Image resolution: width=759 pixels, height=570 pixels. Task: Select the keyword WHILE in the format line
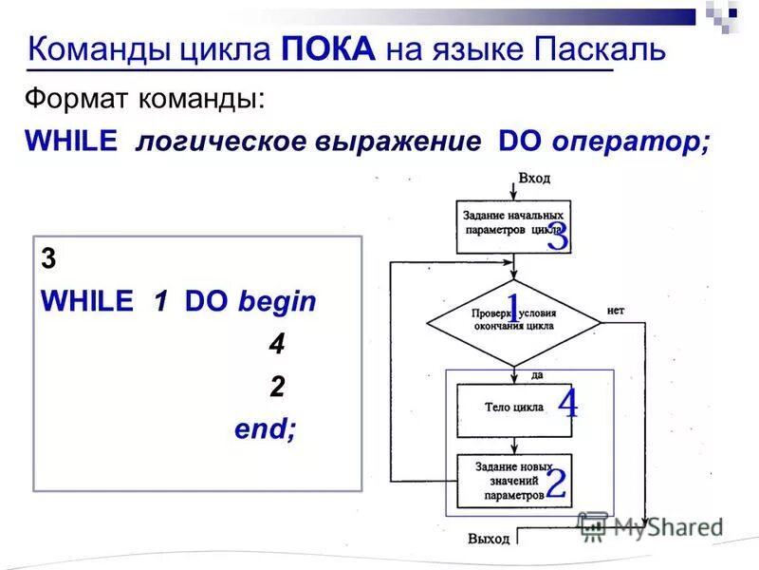click(x=71, y=142)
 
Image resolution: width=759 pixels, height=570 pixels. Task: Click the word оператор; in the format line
click(x=630, y=142)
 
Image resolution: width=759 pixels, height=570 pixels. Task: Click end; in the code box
click(x=266, y=428)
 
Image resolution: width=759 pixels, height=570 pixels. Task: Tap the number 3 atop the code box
click(x=48, y=259)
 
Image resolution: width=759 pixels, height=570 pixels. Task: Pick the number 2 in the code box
click(x=276, y=386)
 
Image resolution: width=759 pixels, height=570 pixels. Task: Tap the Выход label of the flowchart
click(x=489, y=539)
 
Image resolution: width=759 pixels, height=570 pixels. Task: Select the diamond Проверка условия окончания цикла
click(x=514, y=320)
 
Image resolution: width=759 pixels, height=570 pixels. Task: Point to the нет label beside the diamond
click(x=616, y=310)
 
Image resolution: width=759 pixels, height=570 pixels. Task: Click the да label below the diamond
click(x=537, y=375)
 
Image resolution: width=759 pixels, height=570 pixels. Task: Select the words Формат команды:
click(x=145, y=98)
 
